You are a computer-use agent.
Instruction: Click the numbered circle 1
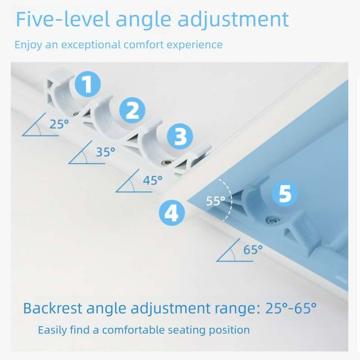click(x=87, y=84)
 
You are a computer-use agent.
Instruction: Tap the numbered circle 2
click(x=132, y=111)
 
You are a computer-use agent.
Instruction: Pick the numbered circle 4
click(x=171, y=211)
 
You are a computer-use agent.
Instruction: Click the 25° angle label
click(x=59, y=124)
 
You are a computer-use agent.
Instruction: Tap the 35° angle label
click(x=106, y=152)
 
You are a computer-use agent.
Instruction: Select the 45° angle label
click(x=153, y=180)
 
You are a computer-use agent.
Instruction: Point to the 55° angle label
click(x=216, y=201)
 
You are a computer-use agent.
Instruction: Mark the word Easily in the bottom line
click(x=52, y=330)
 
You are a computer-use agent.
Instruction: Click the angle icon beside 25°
click(x=37, y=127)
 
